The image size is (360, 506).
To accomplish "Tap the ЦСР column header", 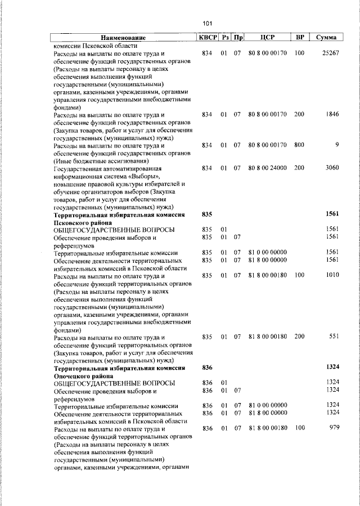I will pos(267,37).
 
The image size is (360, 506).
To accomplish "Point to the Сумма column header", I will pos(326,37).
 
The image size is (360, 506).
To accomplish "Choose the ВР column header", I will pos(300,37).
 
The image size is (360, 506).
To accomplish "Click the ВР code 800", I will pos(299,145).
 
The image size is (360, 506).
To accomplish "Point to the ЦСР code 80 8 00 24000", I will pos(267,168).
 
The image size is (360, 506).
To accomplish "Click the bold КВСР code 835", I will pos(206,214).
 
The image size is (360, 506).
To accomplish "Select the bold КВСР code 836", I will pos(206,367).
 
